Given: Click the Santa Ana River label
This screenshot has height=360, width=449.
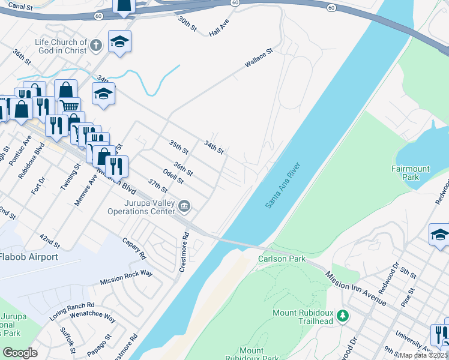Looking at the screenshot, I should click(283, 186).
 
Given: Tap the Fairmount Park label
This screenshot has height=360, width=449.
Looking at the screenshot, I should click(411, 173).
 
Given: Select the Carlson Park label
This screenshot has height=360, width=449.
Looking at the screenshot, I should click(282, 259).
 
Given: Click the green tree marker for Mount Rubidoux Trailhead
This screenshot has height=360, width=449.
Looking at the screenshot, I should click(342, 314).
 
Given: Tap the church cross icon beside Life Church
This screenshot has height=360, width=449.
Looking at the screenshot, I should click(95, 45).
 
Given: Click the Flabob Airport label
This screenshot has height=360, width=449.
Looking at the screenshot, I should click(29, 257).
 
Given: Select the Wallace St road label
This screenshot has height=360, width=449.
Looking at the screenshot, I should click(258, 58).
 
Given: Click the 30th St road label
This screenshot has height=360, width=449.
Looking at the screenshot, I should click(187, 25).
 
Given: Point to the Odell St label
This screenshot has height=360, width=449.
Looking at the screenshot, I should click(173, 178).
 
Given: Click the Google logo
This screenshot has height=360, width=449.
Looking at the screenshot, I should click(20, 352).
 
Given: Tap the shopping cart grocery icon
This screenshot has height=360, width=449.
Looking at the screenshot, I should click(70, 106).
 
